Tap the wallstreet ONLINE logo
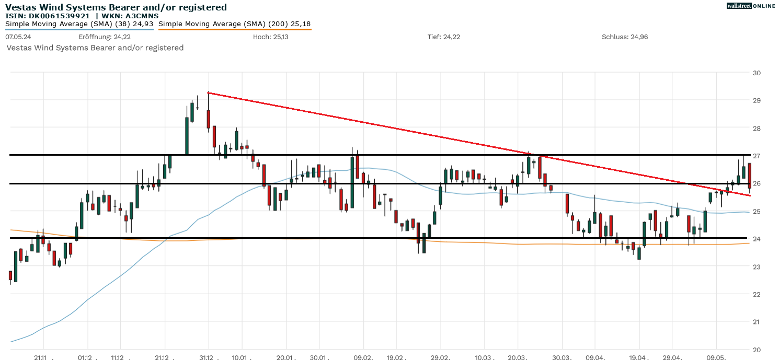751,6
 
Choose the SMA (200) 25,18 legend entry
234,24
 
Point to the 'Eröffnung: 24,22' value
105,37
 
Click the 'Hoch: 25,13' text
270,37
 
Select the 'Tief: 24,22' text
444,37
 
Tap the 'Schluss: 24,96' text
625,37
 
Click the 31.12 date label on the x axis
209,358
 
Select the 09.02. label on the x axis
363,358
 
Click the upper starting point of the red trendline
209,93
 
